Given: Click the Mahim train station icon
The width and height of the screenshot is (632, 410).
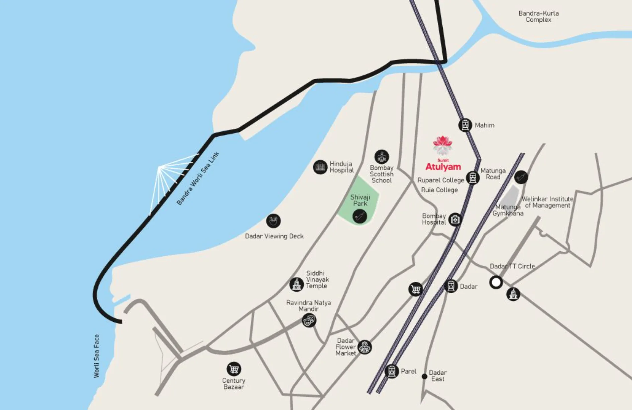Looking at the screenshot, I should pos(465,125).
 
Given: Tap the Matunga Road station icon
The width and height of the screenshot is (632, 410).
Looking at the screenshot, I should pos(472,177).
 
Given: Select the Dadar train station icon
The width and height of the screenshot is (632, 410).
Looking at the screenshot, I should pos(450,286).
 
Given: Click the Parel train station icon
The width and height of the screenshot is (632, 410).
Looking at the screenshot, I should pos(391,371).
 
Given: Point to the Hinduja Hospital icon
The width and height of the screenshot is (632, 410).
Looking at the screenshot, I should pos(320,167).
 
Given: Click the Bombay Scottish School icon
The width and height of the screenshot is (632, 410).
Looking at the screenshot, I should pos(382,157).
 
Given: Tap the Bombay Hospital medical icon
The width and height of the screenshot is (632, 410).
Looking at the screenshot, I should pos(455,220).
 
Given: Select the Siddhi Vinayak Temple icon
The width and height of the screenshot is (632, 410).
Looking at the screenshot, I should pos(296,284).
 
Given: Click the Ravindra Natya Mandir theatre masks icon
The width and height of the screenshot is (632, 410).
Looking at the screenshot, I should pos(309,321).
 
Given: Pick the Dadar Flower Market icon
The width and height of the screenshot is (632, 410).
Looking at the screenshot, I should pos(364,347).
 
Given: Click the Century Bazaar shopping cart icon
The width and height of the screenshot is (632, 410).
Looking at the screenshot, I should pos(234,369).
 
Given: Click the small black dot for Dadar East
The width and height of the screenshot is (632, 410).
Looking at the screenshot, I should pos(424,377).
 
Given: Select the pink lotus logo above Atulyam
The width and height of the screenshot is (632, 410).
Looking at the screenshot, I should pos(442,145).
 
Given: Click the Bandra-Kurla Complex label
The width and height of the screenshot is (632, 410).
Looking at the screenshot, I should pos(538,16).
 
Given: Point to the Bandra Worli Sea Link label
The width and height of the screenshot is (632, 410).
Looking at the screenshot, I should pos(198,178).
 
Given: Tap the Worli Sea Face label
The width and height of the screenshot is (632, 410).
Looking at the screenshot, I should pos(97,356).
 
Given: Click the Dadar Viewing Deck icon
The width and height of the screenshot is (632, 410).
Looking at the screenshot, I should pos(274,221).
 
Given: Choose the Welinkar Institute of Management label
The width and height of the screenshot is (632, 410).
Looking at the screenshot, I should pos(547,202).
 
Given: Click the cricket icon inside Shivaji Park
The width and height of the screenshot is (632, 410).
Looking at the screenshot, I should pos(360,216).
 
